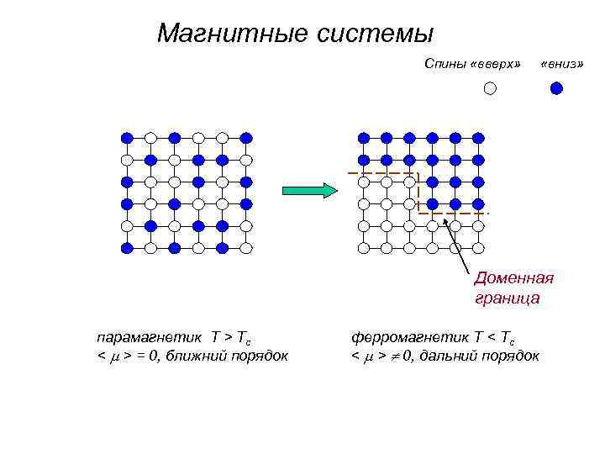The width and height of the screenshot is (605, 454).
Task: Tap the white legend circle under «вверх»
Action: click(491, 87)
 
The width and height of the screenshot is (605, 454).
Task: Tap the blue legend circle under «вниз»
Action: click(555, 87)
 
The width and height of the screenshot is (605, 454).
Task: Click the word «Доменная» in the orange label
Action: click(513, 279)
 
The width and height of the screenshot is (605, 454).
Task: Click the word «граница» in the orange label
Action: click(507, 298)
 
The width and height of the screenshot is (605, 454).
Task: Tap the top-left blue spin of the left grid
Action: click(127, 137)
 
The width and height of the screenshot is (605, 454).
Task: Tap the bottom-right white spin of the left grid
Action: click(246, 248)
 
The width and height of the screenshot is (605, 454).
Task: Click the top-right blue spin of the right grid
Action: click(478, 137)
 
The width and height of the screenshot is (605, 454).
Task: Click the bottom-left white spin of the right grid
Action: click(363, 248)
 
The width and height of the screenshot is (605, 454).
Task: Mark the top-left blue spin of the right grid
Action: click(363, 137)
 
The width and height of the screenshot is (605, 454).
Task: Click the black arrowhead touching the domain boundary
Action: click(446, 221)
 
